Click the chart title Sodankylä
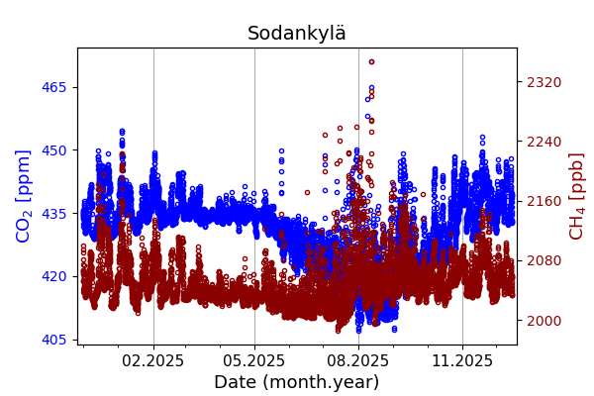pos(297,34)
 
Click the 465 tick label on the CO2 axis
pos(54,87)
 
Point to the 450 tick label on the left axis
pos(54,150)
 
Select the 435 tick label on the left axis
pos(54,213)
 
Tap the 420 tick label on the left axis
pos(54,276)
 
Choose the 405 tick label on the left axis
pos(54,340)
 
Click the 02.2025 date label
pos(153,361)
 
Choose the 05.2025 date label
pos(254,361)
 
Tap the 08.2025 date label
pos(358,361)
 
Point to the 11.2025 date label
pos(462,361)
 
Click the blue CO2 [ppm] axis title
pos(24,195)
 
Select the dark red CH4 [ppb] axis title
pos(576,195)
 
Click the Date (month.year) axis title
pos(297,382)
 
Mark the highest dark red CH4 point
pos(371,61)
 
